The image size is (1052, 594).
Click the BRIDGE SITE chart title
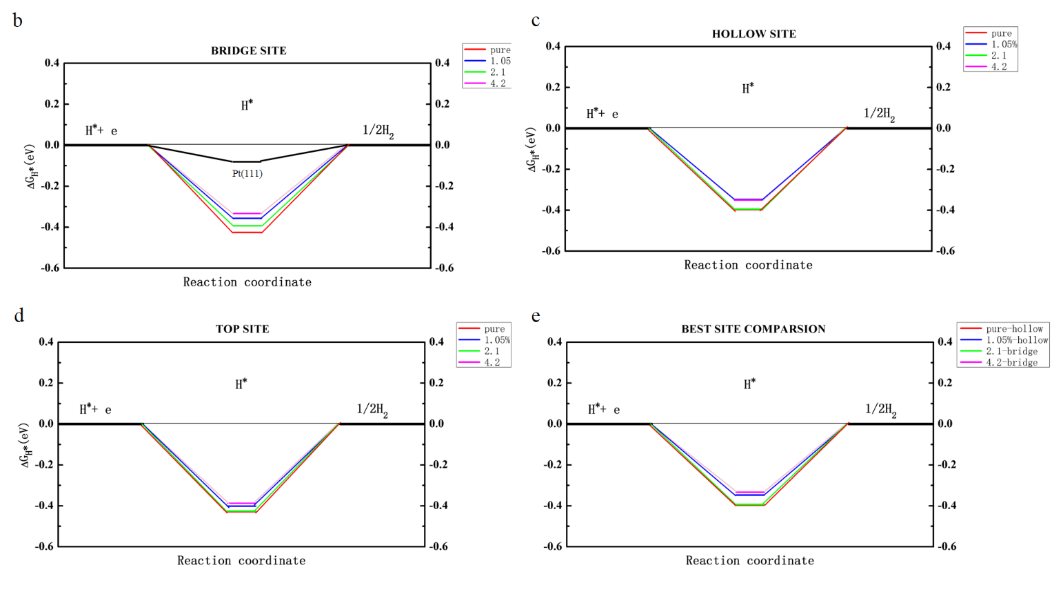pyautogui.click(x=248, y=50)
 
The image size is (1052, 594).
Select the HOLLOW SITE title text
pyautogui.click(x=753, y=34)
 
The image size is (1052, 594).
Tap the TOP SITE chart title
pyautogui.click(x=242, y=329)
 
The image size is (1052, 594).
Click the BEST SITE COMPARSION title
pyautogui.click(x=753, y=329)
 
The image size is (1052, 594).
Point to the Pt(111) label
pyautogui.click(x=247, y=173)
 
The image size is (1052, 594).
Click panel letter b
pyautogui.click(x=17, y=21)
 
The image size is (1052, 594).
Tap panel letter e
pyautogui.click(x=536, y=317)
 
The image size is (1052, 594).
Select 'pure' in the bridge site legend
pyautogui.click(x=500, y=50)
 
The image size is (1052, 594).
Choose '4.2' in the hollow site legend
pyautogui.click(x=999, y=67)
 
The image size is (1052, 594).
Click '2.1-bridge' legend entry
pyautogui.click(x=1011, y=351)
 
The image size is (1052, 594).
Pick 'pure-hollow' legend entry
pyautogui.click(x=1014, y=329)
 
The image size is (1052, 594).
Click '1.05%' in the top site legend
pyautogui.click(x=497, y=340)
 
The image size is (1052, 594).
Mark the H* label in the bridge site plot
pyautogui.click(x=247, y=106)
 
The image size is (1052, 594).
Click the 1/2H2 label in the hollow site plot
pyautogui.click(x=879, y=114)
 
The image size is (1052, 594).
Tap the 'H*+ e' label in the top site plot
pyautogui.click(x=95, y=409)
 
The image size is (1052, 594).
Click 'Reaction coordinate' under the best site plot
pyautogui.click(x=749, y=561)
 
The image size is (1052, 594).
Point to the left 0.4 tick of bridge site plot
pyautogui.click(x=52, y=63)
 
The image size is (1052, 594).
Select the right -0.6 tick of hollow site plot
pyautogui.click(x=946, y=251)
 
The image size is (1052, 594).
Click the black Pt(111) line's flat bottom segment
pyautogui.click(x=246, y=161)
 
